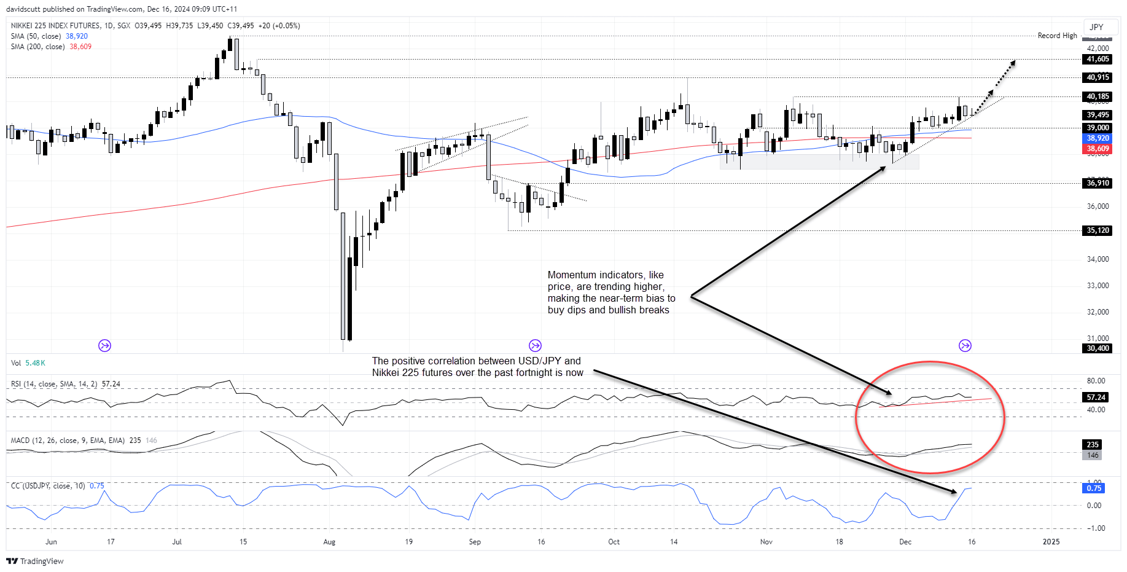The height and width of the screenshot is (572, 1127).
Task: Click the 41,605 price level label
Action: click(x=1098, y=60)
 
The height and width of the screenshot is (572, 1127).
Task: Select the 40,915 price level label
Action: click(x=1098, y=77)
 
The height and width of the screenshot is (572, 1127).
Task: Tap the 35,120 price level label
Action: click(x=1098, y=231)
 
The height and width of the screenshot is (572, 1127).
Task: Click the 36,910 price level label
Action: click(x=1098, y=183)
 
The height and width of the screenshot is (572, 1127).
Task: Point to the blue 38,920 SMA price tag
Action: click(x=1098, y=139)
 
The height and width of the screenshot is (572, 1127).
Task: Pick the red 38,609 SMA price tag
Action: click(x=1098, y=149)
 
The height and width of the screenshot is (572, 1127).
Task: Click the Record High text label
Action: click(x=1057, y=36)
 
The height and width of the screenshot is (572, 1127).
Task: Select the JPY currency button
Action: click(x=1096, y=27)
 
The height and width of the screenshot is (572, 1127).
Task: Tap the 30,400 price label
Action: click(x=1098, y=348)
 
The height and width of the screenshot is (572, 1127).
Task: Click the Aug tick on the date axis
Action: click(x=329, y=542)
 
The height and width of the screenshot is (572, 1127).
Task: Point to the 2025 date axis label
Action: click(x=1051, y=542)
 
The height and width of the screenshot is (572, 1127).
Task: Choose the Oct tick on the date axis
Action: click(x=614, y=542)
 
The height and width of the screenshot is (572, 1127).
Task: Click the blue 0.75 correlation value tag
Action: click(x=1093, y=488)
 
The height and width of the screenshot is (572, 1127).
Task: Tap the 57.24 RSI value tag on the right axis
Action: click(x=1096, y=398)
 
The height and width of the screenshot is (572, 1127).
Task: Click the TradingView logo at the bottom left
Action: click(x=35, y=561)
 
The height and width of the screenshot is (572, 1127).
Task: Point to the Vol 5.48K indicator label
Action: click(x=28, y=363)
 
